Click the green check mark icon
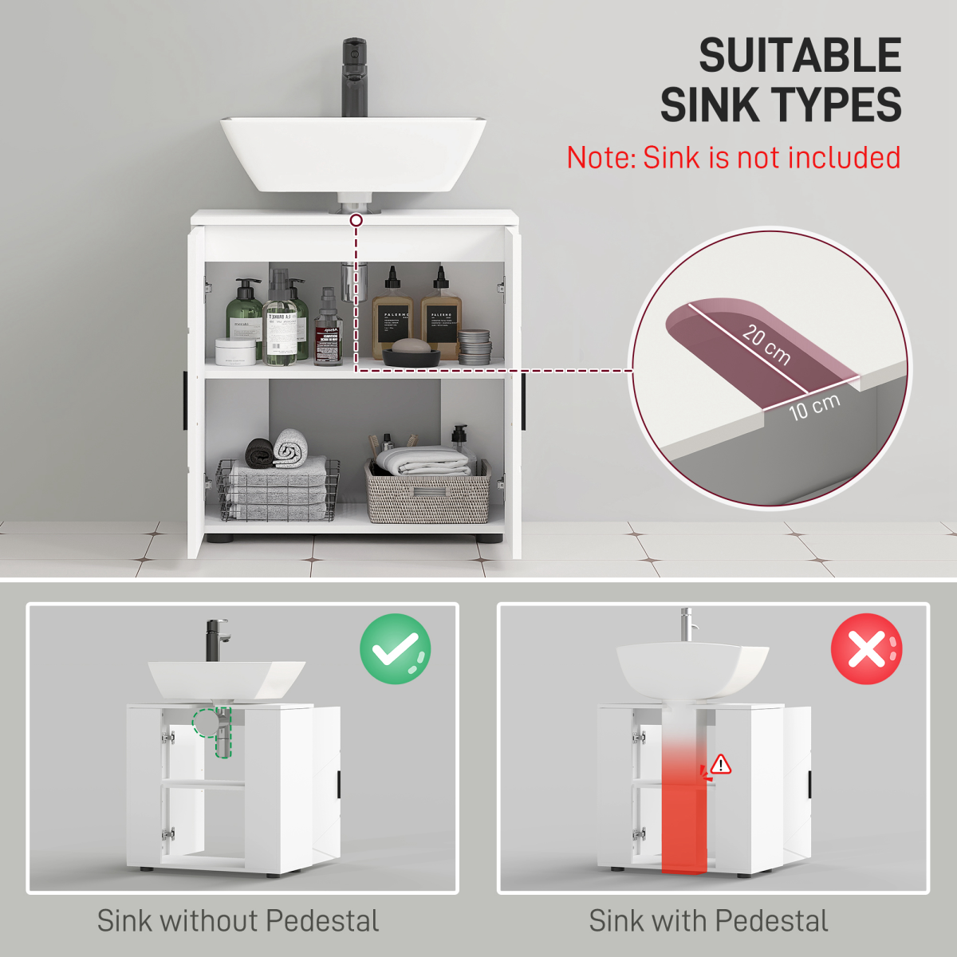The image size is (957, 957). click(395, 649)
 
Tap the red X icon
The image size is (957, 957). click(866, 649)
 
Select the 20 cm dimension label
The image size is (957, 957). click(766, 345)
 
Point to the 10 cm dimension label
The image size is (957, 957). click(814, 407)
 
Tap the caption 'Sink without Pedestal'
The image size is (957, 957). click(238, 920)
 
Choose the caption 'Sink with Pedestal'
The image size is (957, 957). click(708, 920)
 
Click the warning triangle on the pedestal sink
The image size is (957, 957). click(721, 764)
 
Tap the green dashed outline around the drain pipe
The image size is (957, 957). click(214, 727)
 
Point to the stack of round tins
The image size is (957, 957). click(474, 347)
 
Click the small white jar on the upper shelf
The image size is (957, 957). click(236, 351)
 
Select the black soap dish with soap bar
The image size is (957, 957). click(412, 352)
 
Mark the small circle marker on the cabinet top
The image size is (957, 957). click(356, 219)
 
